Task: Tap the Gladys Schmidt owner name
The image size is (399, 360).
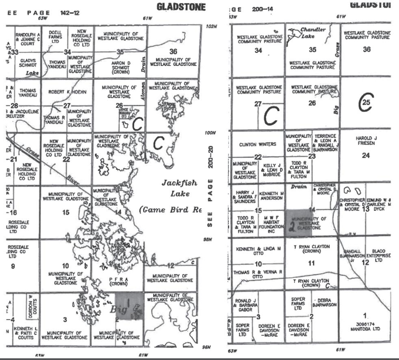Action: point(28,62)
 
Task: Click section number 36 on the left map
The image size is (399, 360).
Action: point(173,51)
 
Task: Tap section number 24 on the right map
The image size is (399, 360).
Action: point(366,155)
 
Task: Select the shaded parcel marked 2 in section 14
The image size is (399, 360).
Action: point(299,223)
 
